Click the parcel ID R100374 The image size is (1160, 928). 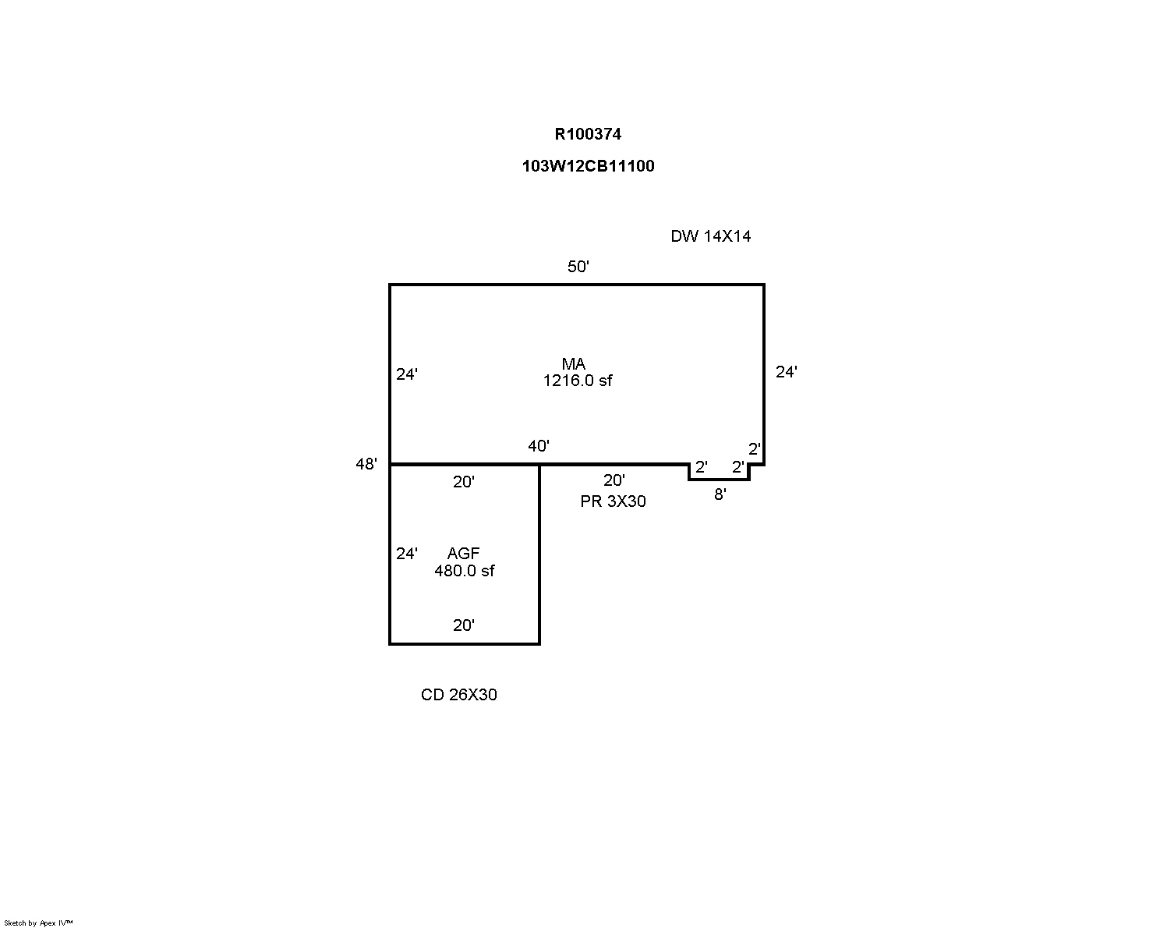coord(588,134)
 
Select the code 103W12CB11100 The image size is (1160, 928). coord(588,166)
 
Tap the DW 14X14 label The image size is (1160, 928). coord(710,236)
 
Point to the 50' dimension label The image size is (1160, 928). coord(578,267)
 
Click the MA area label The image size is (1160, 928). coord(574,364)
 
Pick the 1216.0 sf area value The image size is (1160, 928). coord(578,381)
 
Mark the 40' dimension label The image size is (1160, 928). coord(539,446)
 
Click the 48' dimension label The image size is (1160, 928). coord(366,464)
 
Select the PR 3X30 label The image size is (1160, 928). coord(613,501)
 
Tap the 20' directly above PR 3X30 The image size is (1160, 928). coord(614,481)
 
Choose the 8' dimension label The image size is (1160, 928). coord(720,494)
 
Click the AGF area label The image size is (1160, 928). coord(464,553)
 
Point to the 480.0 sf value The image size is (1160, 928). coord(465,571)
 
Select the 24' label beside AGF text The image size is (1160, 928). coord(407,554)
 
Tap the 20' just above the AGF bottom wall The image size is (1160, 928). coord(464,625)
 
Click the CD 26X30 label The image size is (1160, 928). coord(458,695)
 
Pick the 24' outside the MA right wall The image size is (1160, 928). coord(786,373)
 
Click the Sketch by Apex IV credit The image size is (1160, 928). coord(38,923)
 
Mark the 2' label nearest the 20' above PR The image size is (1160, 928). coord(701,467)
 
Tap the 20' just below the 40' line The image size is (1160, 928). coord(464,483)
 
